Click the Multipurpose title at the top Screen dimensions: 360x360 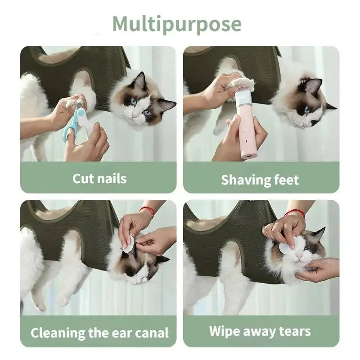click(176, 24)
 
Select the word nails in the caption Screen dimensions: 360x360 click(111, 179)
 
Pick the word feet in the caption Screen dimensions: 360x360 click(286, 180)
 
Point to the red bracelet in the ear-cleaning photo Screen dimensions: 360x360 click(147, 210)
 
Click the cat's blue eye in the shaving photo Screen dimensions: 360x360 click(307, 109)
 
